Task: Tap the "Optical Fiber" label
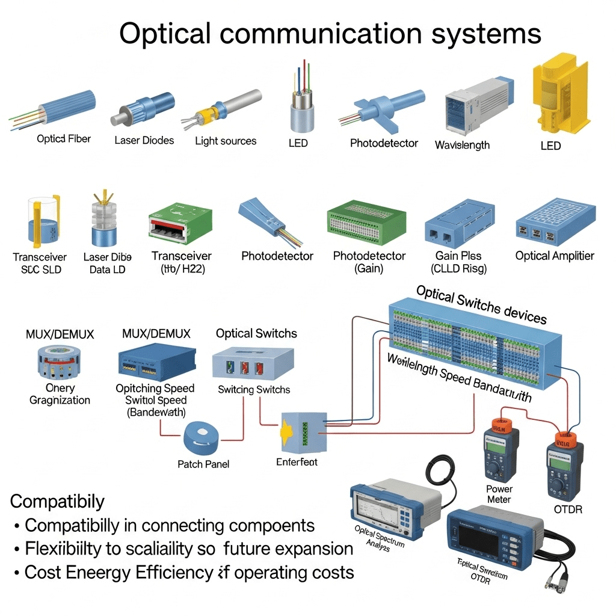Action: point(64,139)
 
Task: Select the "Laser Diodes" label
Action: point(144,140)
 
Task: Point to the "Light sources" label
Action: point(226,141)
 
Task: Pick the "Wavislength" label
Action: point(462,145)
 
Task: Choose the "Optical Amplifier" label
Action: point(555,256)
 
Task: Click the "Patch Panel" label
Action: point(203,464)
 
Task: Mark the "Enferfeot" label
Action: point(297,461)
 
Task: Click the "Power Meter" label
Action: point(499,494)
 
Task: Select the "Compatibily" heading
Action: point(58,501)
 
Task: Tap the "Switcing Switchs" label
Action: point(254,390)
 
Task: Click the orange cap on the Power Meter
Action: point(499,425)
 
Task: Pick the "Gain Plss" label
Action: point(458,256)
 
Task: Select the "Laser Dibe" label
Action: point(107,257)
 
